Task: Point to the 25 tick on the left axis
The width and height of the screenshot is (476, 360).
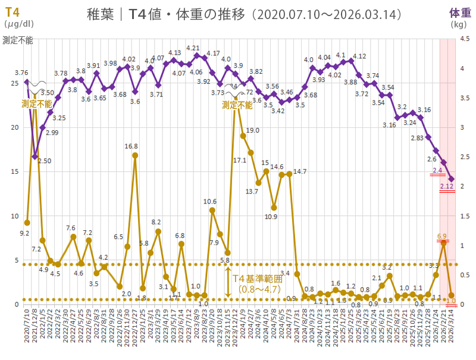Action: pyautogui.click(x=14, y=82)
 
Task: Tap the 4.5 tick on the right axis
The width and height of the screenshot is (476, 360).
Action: pyautogui.click(x=465, y=39)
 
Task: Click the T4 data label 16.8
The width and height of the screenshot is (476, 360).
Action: pyautogui.click(x=131, y=146)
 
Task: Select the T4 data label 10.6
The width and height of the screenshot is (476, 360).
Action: pyautogui.click(x=210, y=201)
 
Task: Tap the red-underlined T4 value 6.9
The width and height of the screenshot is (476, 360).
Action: pyautogui.click(x=442, y=236)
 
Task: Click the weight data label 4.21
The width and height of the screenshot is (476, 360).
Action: pyautogui.click(x=193, y=48)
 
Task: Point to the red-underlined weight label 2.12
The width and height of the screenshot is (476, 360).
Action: pyautogui.click(x=447, y=187)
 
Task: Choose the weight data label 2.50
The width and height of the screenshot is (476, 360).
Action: pyautogui.click(x=45, y=161)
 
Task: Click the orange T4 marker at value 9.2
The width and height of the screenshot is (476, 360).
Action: pyautogui.click(x=27, y=223)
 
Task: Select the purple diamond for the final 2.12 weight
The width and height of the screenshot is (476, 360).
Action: pyautogui.click(x=451, y=179)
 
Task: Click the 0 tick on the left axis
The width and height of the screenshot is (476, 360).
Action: pyautogui.click(x=16, y=304)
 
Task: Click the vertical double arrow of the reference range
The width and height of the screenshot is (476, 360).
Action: pyautogui.click(x=228, y=282)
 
